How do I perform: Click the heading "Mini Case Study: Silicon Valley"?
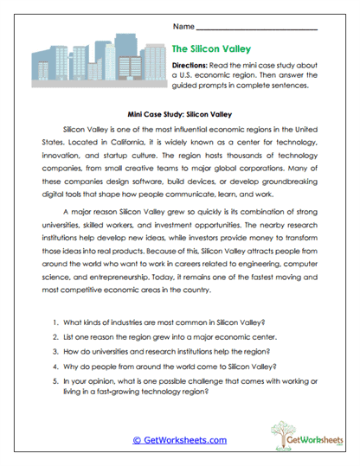click(x=180, y=112)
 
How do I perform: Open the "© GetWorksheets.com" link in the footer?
click(x=180, y=440)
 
